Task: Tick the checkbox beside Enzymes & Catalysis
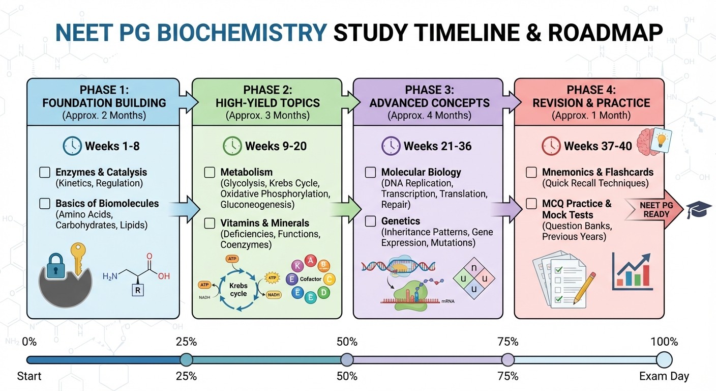pyautogui.click(x=45, y=173)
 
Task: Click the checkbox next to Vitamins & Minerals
pyautogui.click(x=210, y=223)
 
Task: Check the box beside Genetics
pyautogui.click(x=371, y=221)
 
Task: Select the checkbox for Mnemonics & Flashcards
pyautogui.click(x=531, y=173)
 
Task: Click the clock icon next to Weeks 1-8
pyautogui.click(x=72, y=146)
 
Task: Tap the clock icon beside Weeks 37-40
pyautogui.click(x=551, y=146)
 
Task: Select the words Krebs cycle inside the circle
pyautogui.click(x=238, y=289)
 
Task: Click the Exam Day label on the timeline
pyautogui.click(x=664, y=377)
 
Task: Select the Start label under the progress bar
pyautogui.click(x=29, y=377)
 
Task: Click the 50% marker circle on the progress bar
pyautogui.click(x=347, y=359)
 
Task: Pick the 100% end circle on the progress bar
pyautogui.click(x=664, y=359)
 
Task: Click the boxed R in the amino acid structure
pyautogui.click(x=137, y=291)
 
